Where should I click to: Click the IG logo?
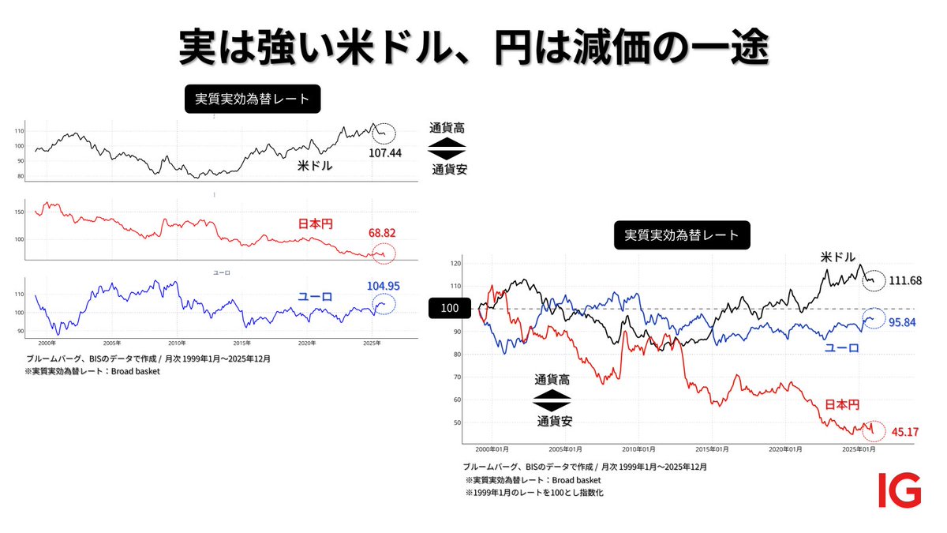(x=900, y=490)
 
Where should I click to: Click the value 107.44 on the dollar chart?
(x=385, y=152)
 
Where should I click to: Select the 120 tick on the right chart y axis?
(x=457, y=264)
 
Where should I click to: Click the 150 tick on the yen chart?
(x=20, y=212)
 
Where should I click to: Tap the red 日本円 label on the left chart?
(x=315, y=224)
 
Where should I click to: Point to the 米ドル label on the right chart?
(x=838, y=258)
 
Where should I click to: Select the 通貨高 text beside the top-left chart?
(x=447, y=128)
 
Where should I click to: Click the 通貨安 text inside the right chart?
(x=555, y=420)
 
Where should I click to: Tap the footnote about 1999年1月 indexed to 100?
(x=534, y=493)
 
